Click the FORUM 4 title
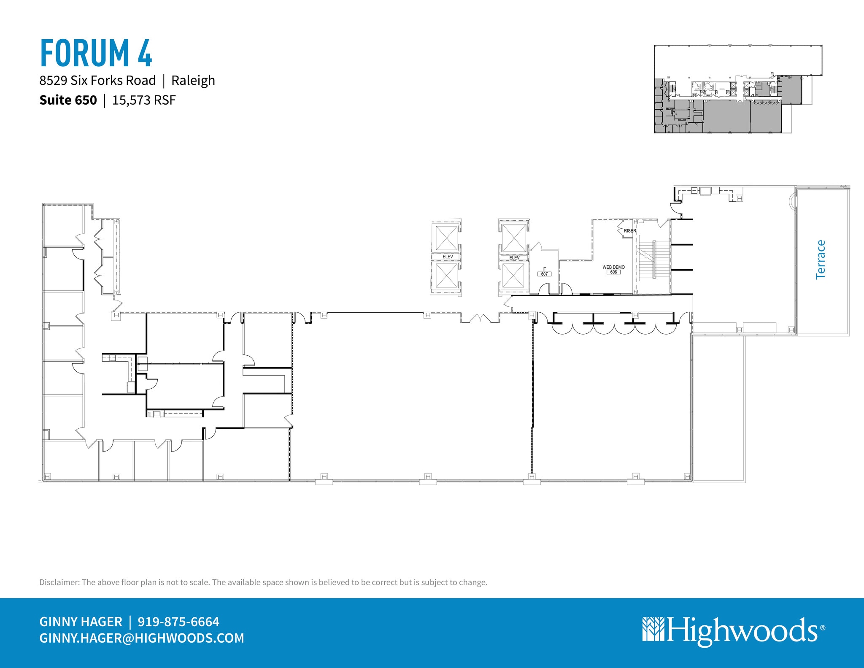click(96, 53)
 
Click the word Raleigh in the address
click(193, 80)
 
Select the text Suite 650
click(68, 100)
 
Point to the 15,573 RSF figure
click(144, 100)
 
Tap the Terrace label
click(820, 260)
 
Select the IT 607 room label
click(544, 272)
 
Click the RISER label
click(629, 231)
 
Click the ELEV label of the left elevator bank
click(448, 257)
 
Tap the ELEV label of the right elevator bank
click(514, 257)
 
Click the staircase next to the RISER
click(653, 260)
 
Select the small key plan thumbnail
click(738, 89)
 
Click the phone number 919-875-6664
click(178, 622)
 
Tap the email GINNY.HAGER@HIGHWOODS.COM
click(142, 638)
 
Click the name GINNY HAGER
click(81, 622)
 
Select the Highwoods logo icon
click(653, 629)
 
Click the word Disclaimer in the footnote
click(59, 582)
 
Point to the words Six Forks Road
click(113, 80)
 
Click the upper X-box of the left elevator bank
click(446, 238)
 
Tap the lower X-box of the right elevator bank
click(513, 275)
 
